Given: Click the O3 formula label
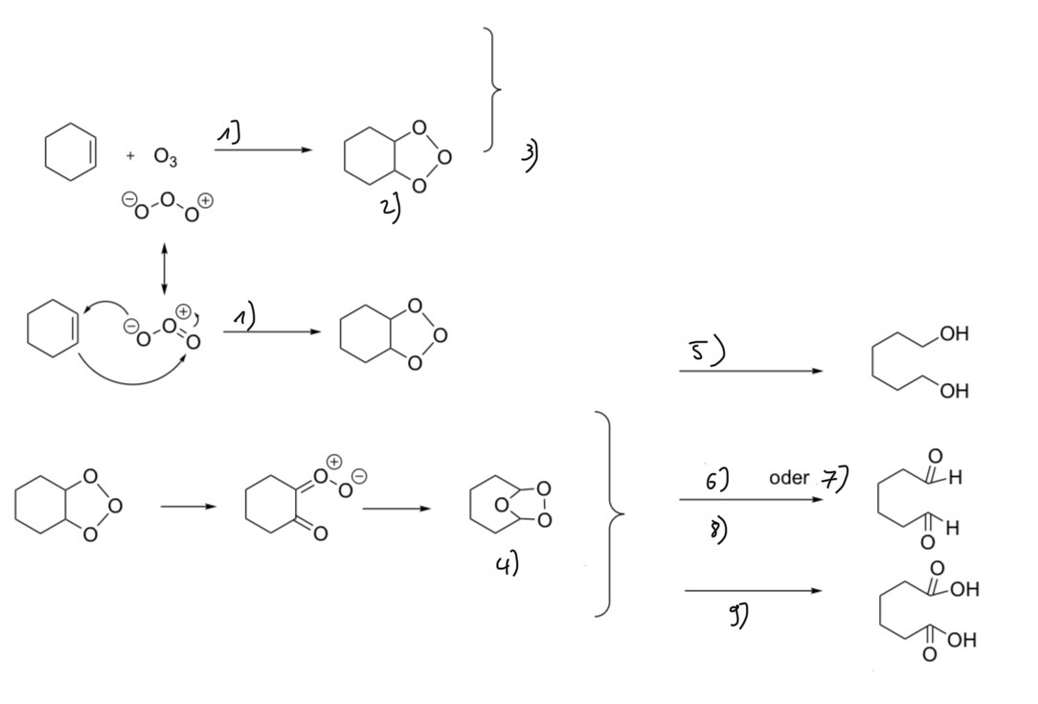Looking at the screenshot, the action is (166, 157).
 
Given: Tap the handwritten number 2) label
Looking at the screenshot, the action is (391, 210).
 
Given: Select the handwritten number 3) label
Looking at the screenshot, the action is (530, 157).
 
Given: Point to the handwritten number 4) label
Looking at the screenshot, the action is (508, 564).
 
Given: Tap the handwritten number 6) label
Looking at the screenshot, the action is (717, 480).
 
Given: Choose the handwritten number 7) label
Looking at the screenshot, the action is (835, 478).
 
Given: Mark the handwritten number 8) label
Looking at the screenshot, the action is (717, 529).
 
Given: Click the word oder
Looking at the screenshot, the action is (789, 478).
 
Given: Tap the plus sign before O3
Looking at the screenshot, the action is (130, 156).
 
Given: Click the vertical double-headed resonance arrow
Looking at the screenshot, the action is (164, 268).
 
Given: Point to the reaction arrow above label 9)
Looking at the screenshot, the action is (753, 591).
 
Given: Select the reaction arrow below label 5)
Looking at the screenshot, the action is (751, 371).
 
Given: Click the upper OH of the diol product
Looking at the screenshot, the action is (954, 333).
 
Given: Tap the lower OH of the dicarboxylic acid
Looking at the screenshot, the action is (963, 640).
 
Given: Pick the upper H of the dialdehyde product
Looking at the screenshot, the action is (955, 477).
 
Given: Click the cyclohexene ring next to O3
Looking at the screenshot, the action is (71, 151).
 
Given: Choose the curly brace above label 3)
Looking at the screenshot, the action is (492, 89).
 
